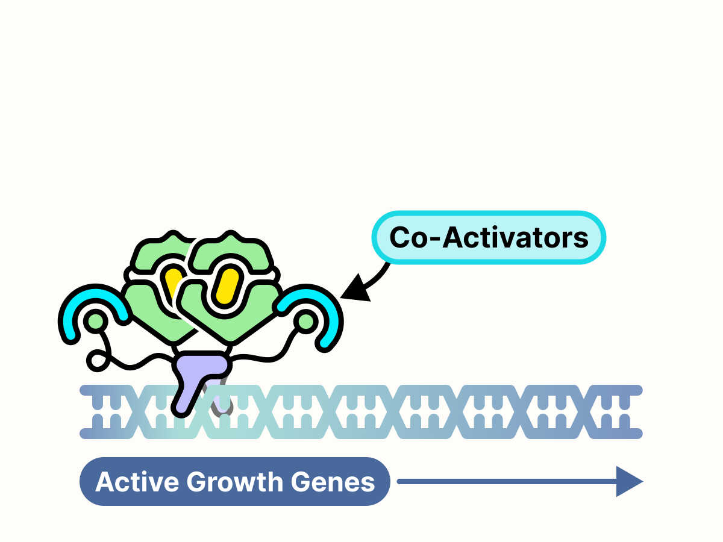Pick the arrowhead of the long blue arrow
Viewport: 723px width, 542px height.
tap(629, 482)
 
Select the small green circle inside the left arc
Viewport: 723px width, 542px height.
tap(96, 322)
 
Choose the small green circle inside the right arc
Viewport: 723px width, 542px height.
tap(305, 322)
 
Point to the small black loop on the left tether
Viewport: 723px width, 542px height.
tap(96, 361)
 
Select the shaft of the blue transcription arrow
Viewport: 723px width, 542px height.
tap(506, 482)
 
